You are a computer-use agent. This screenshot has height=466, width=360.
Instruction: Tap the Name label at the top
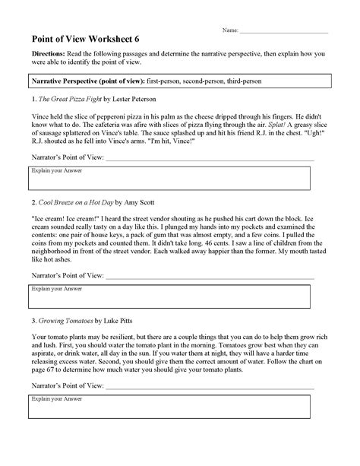[x=229, y=30]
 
